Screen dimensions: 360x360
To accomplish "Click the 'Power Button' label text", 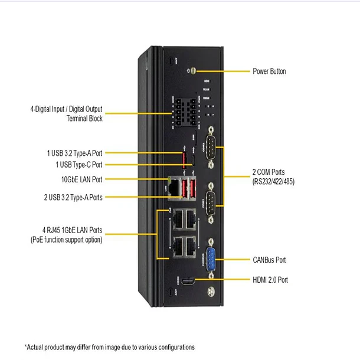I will click(269, 71).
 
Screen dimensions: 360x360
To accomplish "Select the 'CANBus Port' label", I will click(269, 260).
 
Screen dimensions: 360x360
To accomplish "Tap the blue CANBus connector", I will click(210, 259).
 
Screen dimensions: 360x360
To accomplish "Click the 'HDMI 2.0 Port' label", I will click(270, 279).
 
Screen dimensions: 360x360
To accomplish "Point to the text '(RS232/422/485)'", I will click(270, 182).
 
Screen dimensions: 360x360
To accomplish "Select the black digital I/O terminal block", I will click(182, 110).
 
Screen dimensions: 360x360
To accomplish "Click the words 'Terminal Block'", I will click(84, 119).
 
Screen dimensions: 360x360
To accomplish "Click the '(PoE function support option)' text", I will click(66, 240).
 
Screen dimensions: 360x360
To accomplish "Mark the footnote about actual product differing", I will click(109, 347).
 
